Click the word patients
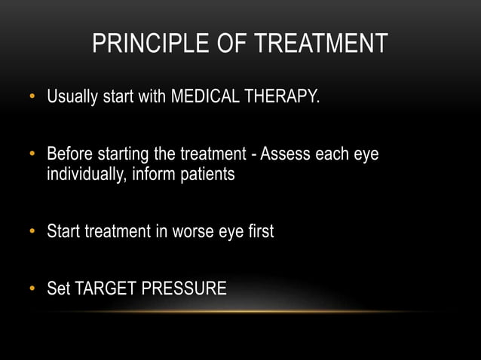pos(205,175)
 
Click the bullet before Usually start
pos(32,98)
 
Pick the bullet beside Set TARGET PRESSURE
pos(32,289)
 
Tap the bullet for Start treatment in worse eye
pos(32,232)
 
